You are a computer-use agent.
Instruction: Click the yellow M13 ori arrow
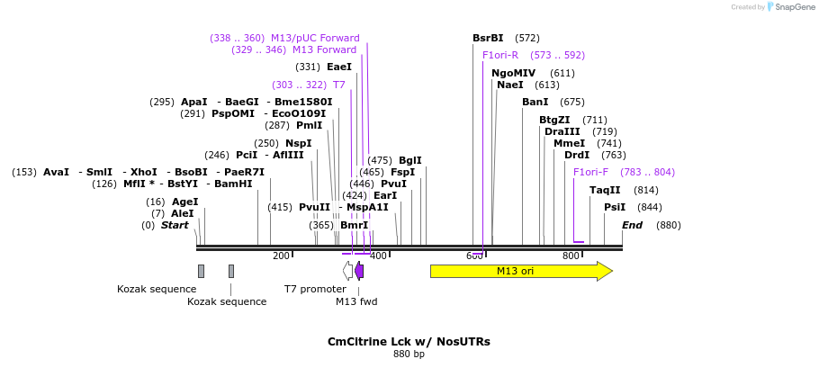point(520,271)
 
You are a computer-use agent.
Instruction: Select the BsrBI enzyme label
point(488,38)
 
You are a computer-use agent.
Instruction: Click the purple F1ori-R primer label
point(500,55)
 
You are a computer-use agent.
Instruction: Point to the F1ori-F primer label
point(591,172)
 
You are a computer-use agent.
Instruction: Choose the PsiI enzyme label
point(615,207)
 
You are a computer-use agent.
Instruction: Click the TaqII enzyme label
point(605,190)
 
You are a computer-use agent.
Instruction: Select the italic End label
point(632,225)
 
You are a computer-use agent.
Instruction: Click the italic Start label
point(175,225)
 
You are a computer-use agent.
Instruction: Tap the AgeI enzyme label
point(184,202)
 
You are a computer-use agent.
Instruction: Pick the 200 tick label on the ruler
point(281,256)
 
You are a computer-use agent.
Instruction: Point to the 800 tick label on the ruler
point(571,256)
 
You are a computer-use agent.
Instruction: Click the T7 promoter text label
point(315,289)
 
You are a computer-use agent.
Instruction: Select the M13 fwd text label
point(356,301)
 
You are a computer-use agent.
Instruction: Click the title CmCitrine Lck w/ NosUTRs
point(409,342)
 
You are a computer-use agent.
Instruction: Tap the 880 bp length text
point(409,355)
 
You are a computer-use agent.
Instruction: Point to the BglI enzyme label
point(409,160)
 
